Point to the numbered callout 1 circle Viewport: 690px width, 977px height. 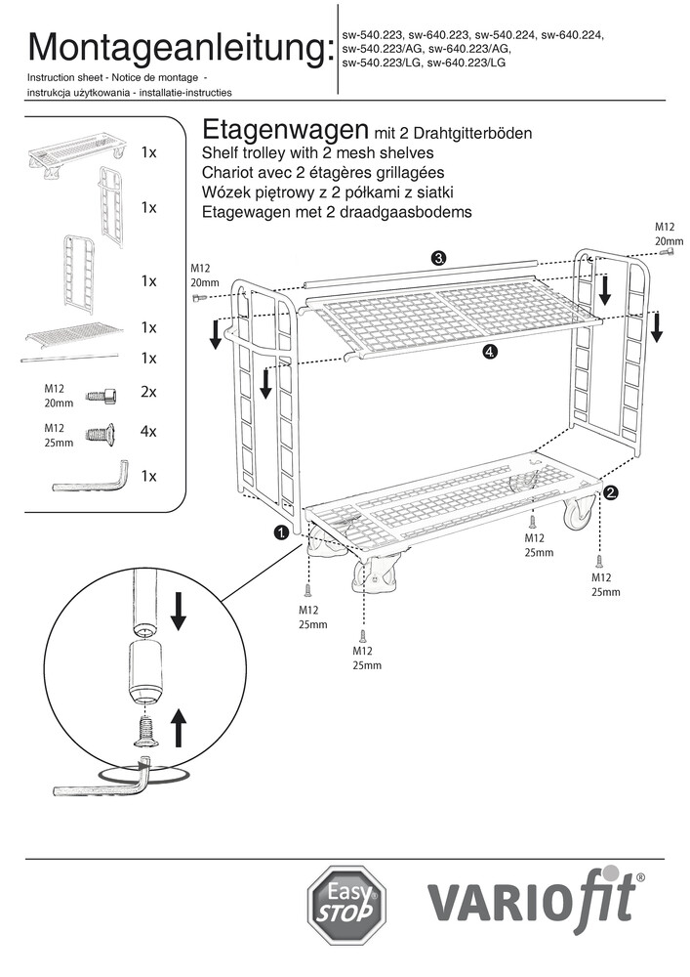coord(281,532)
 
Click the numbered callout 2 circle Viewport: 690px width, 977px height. coord(611,492)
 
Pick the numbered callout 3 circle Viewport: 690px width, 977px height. coord(439,258)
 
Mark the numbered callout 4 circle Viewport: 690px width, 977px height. coord(489,353)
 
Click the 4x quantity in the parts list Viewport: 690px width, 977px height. coord(149,431)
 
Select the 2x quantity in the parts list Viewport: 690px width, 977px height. coord(149,392)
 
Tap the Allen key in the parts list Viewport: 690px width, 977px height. coord(90,477)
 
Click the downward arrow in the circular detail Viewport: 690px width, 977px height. coord(178,610)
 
